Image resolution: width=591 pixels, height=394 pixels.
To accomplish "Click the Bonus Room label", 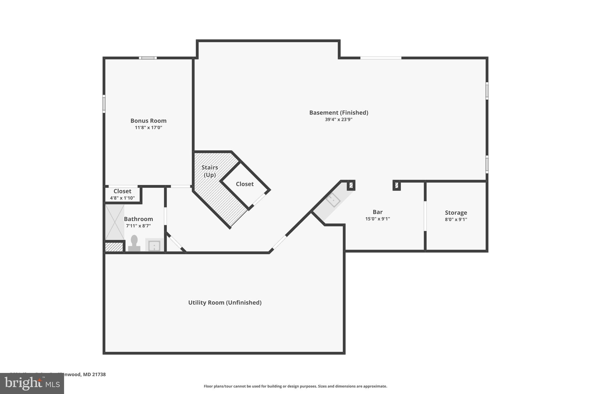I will [148, 121].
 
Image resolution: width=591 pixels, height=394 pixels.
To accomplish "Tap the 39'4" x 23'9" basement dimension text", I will [338, 119].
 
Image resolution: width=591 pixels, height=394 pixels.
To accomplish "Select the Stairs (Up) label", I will [210, 171].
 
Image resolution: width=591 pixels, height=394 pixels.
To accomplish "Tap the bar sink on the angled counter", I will [333, 200].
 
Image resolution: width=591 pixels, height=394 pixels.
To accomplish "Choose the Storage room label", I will [456, 213].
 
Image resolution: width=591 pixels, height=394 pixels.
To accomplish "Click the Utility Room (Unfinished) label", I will [225, 302].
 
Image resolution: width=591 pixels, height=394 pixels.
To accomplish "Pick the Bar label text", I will [377, 212].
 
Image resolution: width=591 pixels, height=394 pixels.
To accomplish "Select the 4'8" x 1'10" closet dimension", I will [122, 198].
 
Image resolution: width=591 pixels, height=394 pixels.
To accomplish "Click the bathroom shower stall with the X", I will [115, 222].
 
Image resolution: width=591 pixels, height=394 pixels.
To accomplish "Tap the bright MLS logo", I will [32, 383].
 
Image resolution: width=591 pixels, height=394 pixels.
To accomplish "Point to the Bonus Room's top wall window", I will [148, 58].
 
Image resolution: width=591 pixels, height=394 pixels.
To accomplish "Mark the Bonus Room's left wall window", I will [104, 104].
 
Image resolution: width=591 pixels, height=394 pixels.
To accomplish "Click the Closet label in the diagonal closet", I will [245, 184].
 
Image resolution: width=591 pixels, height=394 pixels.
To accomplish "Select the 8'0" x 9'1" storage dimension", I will [456, 219].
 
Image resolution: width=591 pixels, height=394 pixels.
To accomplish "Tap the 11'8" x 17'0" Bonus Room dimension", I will [148, 128].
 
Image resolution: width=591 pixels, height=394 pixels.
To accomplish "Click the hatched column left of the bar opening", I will [351, 185].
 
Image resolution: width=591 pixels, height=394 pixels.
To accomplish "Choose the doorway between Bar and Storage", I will [425, 216].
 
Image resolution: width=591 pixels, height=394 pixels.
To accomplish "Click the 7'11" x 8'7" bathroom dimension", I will [138, 226].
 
